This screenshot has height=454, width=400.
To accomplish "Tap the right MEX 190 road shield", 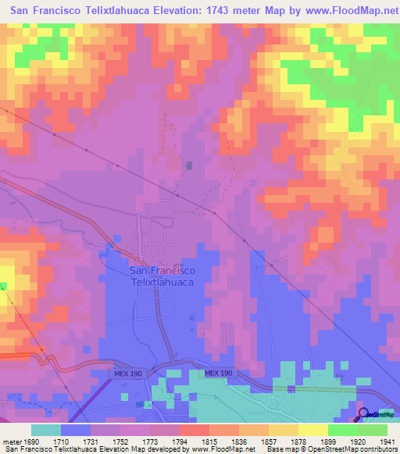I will click(x=219, y=374).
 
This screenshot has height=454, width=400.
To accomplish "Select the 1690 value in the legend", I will click(x=29, y=442).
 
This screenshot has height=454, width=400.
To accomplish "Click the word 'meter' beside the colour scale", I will click(x=10, y=442).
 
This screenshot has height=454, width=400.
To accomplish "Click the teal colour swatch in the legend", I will click(x=46, y=430).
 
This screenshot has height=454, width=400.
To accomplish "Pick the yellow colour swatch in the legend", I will click(x=312, y=430).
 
